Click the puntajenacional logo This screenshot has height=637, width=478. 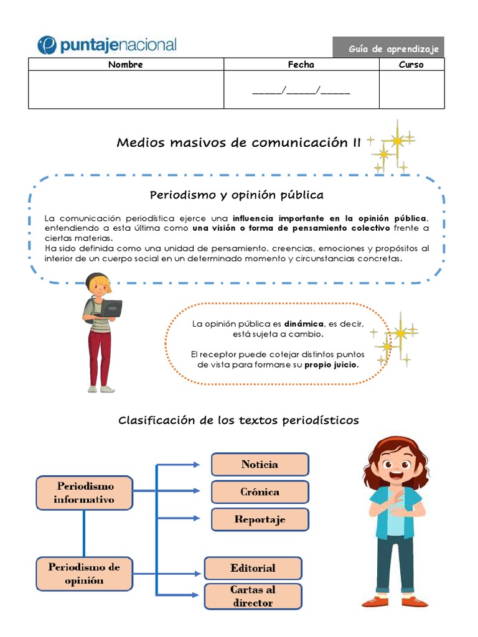[106, 45]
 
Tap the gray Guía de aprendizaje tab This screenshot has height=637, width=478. [388, 48]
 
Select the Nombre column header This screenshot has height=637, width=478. [125, 65]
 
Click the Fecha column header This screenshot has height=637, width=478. [301, 65]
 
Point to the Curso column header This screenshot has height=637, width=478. [411, 65]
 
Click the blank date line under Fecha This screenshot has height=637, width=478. [301, 91]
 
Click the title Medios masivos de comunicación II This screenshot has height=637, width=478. [238, 142]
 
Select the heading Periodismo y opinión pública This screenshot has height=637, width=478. [237, 195]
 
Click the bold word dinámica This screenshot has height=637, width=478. [304, 323]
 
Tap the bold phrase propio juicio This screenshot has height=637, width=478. [331, 365]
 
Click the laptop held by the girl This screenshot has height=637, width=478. [111, 307]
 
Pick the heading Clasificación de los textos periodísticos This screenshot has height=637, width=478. [238, 421]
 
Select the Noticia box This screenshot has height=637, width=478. [260, 465]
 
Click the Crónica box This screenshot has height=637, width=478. [260, 492]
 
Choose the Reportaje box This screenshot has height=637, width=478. [260, 519]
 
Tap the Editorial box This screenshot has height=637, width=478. [253, 568]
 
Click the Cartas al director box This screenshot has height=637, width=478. [253, 596]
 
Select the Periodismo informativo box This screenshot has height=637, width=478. [84, 493]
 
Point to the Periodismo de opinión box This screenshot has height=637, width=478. [84, 574]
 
